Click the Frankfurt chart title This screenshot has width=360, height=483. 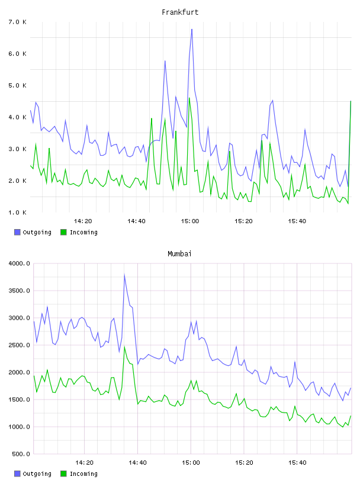click(x=180, y=12)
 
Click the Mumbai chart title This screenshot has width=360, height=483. click(x=179, y=254)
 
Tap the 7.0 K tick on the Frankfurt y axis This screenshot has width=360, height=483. click(x=17, y=22)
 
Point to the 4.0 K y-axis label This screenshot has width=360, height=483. click(x=17, y=117)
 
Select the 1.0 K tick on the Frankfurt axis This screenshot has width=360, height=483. click(x=17, y=212)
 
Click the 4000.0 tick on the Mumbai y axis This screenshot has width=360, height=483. click(x=19, y=263)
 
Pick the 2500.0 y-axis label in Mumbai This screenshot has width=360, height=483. click(x=19, y=345)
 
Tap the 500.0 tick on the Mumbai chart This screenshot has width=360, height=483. click(x=21, y=454)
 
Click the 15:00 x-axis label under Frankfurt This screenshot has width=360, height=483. click(x=190, y=221)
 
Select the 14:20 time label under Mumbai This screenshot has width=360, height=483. click(x=84, y=462)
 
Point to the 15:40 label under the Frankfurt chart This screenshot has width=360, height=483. click(x=297, y=221)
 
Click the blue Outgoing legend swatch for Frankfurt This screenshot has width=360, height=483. click(x=17, y=232)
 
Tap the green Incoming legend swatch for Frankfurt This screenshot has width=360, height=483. click(x=63, y=232)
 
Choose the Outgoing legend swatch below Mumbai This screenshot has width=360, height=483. click(x=17, y=474)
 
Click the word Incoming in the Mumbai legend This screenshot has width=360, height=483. click(x=83, y=474)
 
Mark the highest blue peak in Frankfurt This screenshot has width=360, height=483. click(x=192, y=30)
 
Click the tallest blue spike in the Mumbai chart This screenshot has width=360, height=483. click(x=124, y=274)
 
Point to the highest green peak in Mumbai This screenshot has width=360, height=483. click(x=124, y=347)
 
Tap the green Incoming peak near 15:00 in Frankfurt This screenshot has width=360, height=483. click(x=189, y=98)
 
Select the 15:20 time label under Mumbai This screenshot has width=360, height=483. click(x=244, y=462)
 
